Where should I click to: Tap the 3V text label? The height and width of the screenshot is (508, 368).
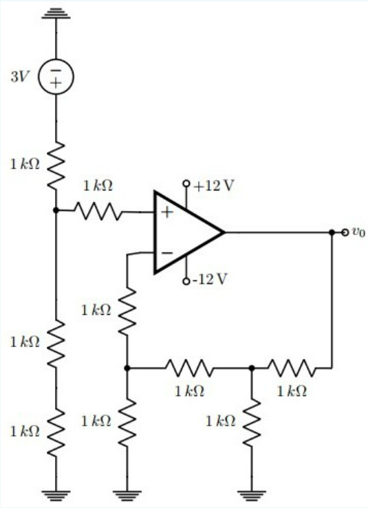20,76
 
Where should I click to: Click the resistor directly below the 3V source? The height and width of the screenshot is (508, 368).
56,164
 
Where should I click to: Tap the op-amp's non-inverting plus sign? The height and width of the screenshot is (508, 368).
166,211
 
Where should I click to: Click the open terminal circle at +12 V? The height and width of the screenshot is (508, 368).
186,184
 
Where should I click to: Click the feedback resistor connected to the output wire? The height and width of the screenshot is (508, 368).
292,368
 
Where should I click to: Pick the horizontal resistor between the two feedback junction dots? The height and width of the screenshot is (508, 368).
188,368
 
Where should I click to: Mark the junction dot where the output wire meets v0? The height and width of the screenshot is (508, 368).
332,232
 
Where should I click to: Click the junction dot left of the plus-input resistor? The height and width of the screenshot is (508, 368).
56,210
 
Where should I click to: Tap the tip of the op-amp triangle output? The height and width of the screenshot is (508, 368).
224,232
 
